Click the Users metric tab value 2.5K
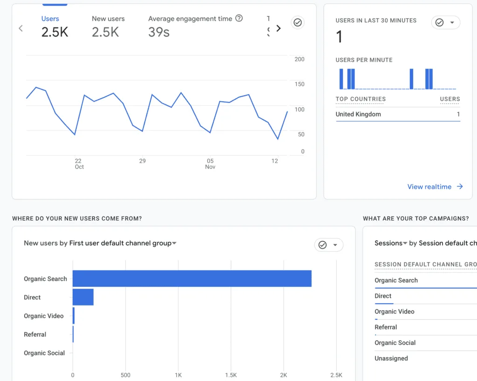[55, 32]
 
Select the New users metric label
[108, 19]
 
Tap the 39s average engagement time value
[159, 32]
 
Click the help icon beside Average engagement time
[239, 18]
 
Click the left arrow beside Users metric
[20, 28]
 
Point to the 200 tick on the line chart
[300, 59]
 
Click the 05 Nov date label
[210, 164]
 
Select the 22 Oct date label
[79, 164]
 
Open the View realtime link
[435, 187]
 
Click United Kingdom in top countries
[358, 114]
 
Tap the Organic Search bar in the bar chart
[192, 278]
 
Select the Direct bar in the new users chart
[83, 297]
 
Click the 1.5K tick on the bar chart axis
[231, 375]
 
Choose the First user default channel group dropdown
[123, 243]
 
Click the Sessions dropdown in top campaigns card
[391, 243]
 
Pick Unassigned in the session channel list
[391, 359]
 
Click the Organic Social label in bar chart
[44, 353]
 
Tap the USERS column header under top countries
[450, 99]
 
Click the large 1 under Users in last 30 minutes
[339, 37]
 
